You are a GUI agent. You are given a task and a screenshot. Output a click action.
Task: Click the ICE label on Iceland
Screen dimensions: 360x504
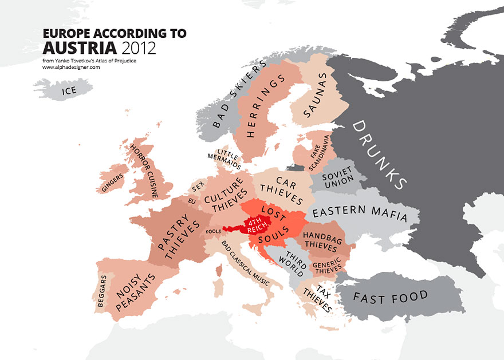pyautogui.click(x=68, y=90)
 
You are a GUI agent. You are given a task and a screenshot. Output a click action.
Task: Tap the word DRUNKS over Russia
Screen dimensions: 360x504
pyautogui.click(x=379, y=154)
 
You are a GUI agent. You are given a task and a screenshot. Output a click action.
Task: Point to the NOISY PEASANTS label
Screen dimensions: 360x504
pyautogui.click(x=135, y=294)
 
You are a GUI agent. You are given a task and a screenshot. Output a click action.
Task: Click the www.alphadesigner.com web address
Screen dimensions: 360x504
pyautogui.click(x=71, y=67)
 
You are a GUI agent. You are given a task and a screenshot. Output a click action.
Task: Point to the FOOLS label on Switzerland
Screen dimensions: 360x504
pyautogui.click(x=212, y=231)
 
